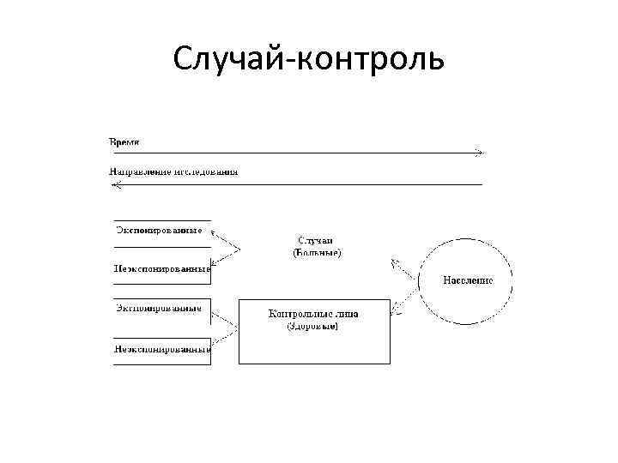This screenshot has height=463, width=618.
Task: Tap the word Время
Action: pyautogui.click(x=124, y=141)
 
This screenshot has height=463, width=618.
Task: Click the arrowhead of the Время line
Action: pyautogui.click(x=481, y=153)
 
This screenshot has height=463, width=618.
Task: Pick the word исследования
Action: pyautogui.click(x=206, y=171)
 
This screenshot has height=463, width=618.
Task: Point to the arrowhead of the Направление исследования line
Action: pyautogui.click(x=114, y=184)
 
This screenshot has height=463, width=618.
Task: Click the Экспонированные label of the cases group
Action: pyautogui.click(x=159, y=230)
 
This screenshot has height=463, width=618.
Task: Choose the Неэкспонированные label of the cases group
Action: pyautogui.click(x=162, y=268)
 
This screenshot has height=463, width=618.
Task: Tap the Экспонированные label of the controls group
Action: pyautogui.click(x=159, y=308)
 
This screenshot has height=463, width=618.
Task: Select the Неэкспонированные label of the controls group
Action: pyautogui.click(x=162, y=348)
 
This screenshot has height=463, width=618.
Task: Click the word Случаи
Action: pyautogui.click(x=316, y=241)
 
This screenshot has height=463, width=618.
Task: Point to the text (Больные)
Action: pyautogui.click(x=317, y=253)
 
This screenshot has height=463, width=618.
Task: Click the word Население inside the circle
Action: pyautogui.click(x=468, y=280)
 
